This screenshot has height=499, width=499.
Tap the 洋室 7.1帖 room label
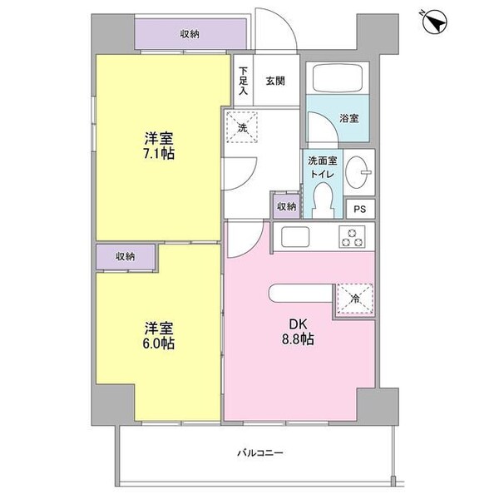click(x=156, y=146)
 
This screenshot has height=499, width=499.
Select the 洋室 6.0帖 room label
click(x=156, y=334)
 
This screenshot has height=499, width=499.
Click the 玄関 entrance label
click(x=275, y=81)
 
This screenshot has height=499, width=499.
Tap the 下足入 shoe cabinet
click(x=244, y=82)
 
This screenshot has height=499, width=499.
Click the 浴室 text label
click(x=349, y=119)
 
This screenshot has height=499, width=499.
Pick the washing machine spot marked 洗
click(x=243, y=128)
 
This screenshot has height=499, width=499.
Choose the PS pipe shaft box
click(x=359, y=210)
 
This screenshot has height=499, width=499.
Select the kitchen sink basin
click(x=295, y=237)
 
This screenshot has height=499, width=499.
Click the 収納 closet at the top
click(x=190, y=34)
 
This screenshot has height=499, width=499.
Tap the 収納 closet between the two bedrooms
click(x=126, y=257)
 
